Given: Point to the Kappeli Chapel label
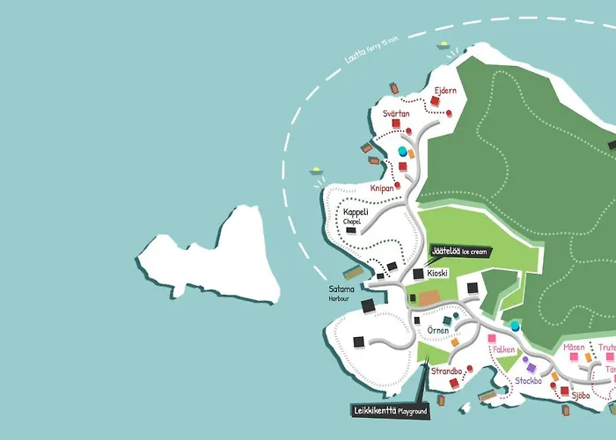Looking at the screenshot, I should [356, 216].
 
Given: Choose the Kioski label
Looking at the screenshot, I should [437, 273].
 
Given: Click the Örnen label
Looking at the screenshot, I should [437, 331].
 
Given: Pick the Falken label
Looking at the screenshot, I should [504, 349].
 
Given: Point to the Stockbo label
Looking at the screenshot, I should [529, 381].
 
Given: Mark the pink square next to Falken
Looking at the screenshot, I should [491, 339].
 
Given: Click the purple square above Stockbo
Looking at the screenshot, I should [531, 367].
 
